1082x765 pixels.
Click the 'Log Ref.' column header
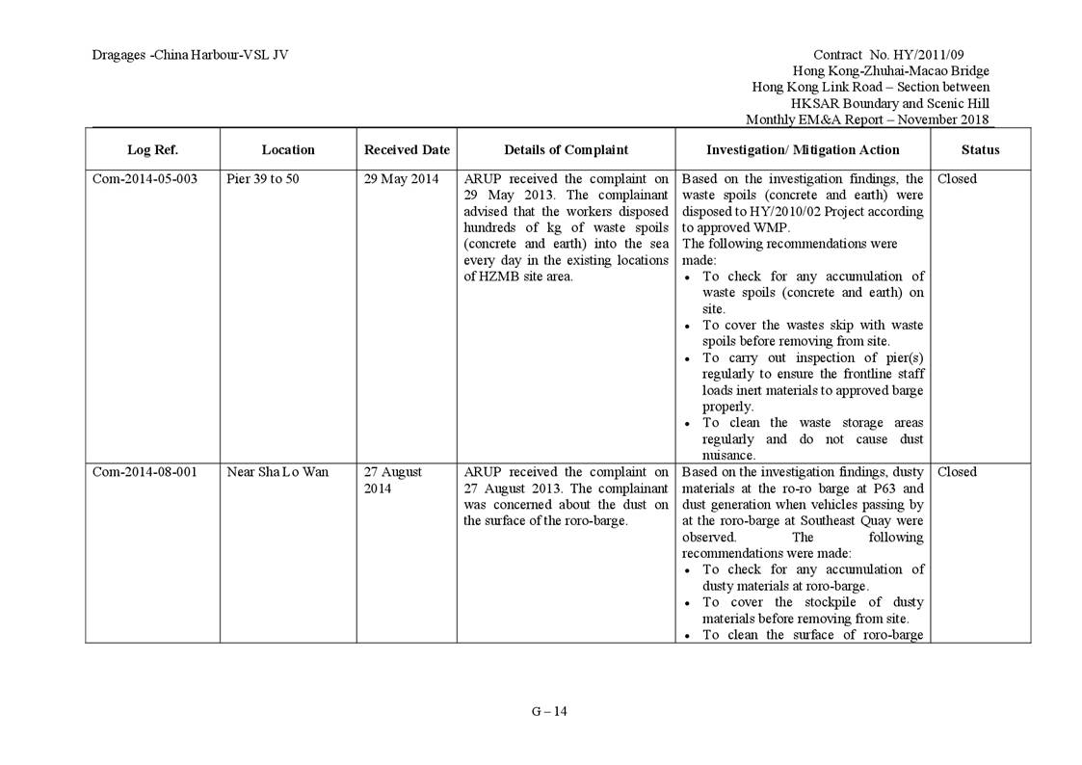pyautogui.click(x=152, y=149)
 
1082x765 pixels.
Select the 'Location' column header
pyautogui.click(x=288, y=149)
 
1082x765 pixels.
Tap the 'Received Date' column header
pyautogui.click(x=407, y=149)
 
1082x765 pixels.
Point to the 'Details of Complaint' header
pyautogui.click(x=566, y=149)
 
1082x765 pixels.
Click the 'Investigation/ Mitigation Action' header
pyautogui.click(x=803, y=149)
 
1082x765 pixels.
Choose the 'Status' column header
pyautogui.click(x=980, y=149)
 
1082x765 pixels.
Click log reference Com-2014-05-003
pyautogui.click(x=145, y=179)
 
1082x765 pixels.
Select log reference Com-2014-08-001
pyautogui.click(x=145, y=472)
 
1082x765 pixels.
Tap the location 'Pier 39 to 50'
pyautogui.click(x=262, y=179)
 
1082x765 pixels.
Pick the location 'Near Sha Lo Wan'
pyautogui.click(x=277, y=472)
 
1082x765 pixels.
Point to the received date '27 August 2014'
pyautogui.click(x=392, y=480)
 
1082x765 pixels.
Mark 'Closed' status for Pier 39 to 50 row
pyautogui.click(x=957, y=179)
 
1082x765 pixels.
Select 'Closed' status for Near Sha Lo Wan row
pyautogui.click(x=957, y=472)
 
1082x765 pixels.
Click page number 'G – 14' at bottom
pyautogui.click(x=549, y=712)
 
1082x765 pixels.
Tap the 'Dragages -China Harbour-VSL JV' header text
pyautogui.click(x=190, y=55)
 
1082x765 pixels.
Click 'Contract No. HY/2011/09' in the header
pyautogui.click(x=901, y=55)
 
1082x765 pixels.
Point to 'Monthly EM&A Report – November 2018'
pyautogui.click(x=867, y=119)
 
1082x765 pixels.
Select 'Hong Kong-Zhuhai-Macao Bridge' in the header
pyautogui.click(x=890, y=71)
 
